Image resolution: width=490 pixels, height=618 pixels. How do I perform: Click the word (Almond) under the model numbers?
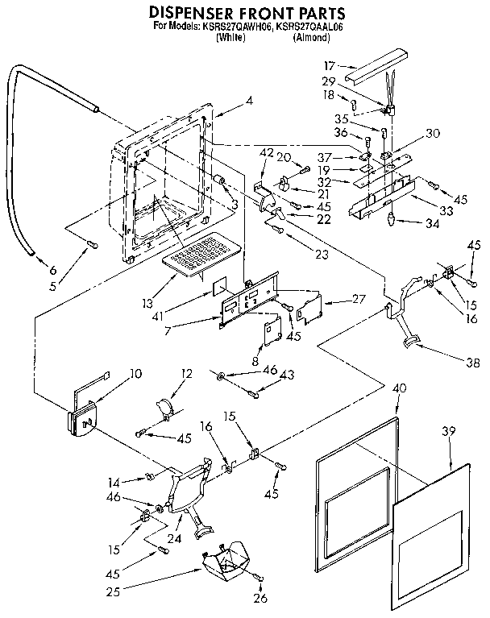309,38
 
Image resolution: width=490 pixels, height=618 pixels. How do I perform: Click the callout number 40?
398,388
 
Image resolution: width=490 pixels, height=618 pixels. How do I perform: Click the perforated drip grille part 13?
201,251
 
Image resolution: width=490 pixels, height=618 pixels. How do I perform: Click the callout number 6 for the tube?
52,270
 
